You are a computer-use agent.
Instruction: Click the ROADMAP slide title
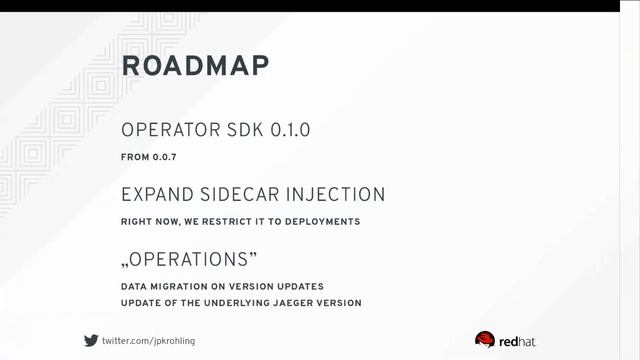tap(195, 66)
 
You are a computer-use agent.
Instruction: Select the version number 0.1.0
tap(291, 131)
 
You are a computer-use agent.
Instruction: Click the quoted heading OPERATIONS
tap(189, 259)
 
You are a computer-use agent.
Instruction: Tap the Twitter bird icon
tap(91, 340)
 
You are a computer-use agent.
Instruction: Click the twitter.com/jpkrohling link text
tap(149, 340)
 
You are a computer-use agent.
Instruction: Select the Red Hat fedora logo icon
tap(485, 339)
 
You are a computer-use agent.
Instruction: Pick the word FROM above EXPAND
tap(134, 157)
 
